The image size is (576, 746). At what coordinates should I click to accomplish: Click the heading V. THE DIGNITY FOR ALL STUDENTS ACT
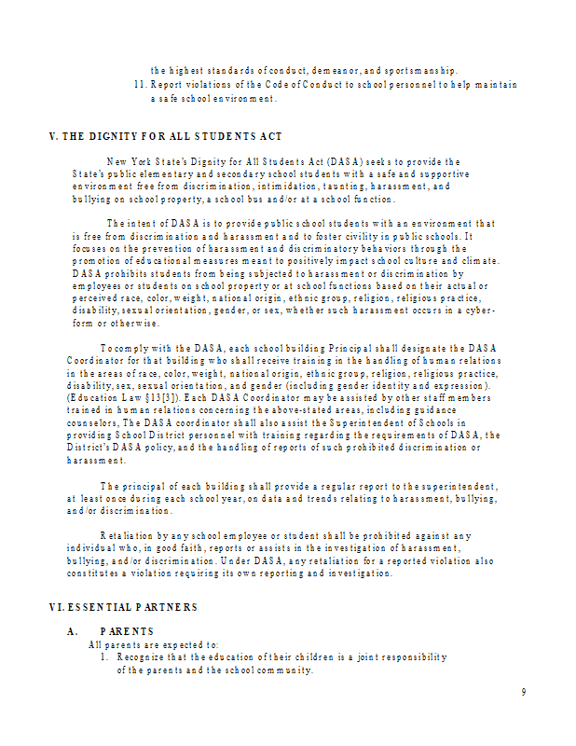tap(165, 136)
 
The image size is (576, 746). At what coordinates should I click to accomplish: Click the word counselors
tap(91, 422)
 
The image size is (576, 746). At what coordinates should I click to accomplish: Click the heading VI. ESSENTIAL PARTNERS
tap(123, 607)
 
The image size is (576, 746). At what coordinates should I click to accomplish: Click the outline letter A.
tap(72, 631)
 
